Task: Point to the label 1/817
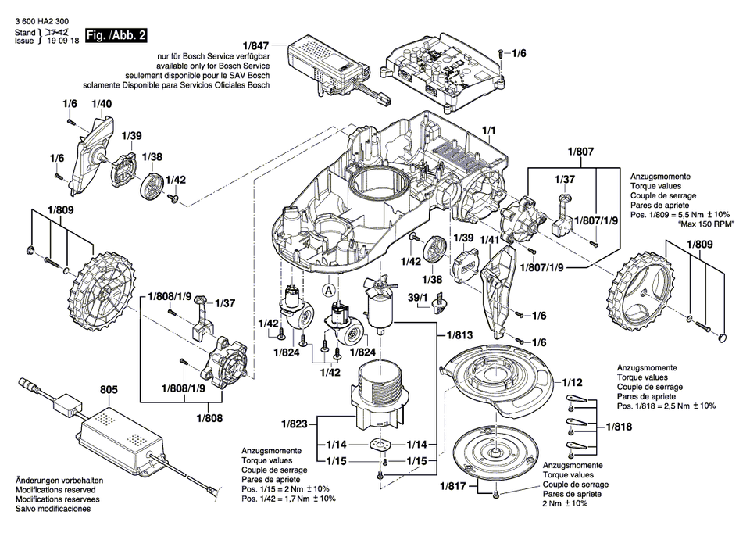point(452,486)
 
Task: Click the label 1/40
point(101,104)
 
